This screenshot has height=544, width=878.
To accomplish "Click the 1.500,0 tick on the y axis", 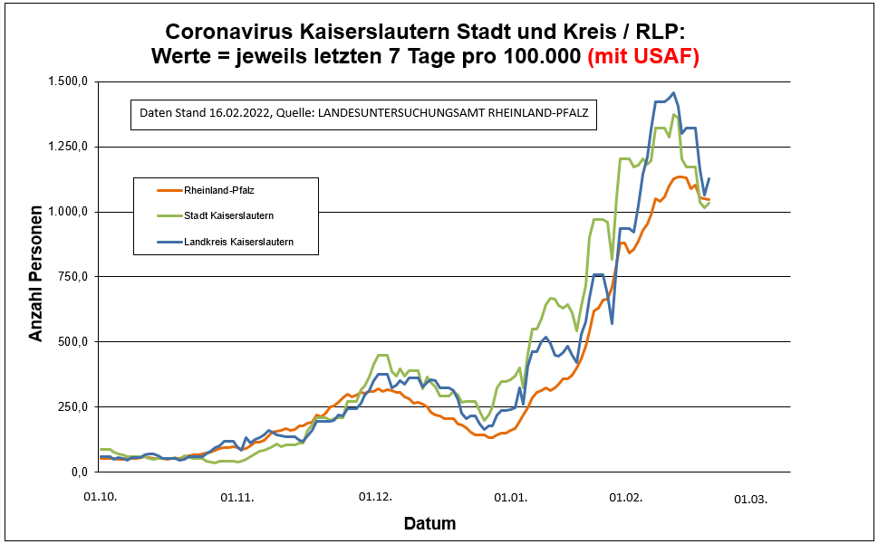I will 69,81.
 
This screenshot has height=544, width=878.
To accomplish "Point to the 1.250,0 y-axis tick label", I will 69,147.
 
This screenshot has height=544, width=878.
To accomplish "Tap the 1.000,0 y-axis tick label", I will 69,212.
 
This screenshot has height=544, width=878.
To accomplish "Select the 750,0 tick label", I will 74,277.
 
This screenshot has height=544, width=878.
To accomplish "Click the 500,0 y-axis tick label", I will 74,342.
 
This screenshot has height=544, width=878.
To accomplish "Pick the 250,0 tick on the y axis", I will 74,406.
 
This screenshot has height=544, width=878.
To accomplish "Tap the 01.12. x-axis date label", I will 374,497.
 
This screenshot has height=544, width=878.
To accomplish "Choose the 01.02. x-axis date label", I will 625,497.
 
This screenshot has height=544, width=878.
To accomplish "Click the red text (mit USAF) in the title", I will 643,56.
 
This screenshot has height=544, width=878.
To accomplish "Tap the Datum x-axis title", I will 429,523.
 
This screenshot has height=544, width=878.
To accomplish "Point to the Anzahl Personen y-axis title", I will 36,277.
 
